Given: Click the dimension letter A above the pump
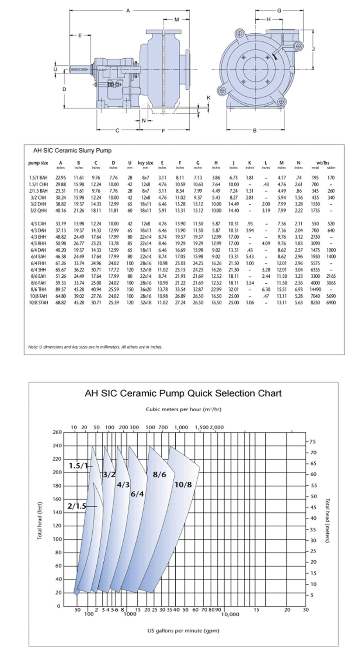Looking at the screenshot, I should click(x=128, y=11).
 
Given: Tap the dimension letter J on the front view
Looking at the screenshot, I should click(x=313, y=49).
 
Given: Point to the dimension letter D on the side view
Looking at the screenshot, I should click(x=65, y=89).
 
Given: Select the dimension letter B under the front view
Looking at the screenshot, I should click(x=255, y=130).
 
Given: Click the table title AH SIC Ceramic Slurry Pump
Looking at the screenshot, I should click(x=72, y=151).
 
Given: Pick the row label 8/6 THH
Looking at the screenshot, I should click(x=38, y=290).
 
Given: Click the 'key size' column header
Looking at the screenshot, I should click(x=146, y=163).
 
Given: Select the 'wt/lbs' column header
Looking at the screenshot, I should click(x=323, y=163).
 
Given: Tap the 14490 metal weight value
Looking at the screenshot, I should click(x=315, y=290).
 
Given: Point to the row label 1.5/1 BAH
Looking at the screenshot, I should click(x=38, y=178).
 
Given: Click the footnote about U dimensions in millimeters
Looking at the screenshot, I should click(x=95, y=347).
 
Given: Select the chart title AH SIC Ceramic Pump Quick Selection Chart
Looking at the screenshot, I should click(x=183, y=393).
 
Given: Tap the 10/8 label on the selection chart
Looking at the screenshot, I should click(x=183, y=485).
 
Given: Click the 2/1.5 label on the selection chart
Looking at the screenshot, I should click(x=77, y=506).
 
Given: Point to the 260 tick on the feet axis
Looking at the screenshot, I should click(x=57, y=432).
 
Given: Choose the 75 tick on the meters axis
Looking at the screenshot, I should click(x=313, y=442).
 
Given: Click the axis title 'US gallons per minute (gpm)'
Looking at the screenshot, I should click(x=183, y=630).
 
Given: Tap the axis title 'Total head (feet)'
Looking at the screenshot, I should click(x=40, y=520).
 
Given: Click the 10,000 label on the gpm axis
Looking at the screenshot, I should click(x=230, y=614).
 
